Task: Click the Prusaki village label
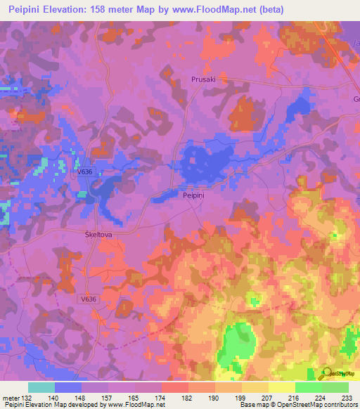click(x=203, y=80)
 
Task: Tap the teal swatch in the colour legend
click(x=41, y=387)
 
